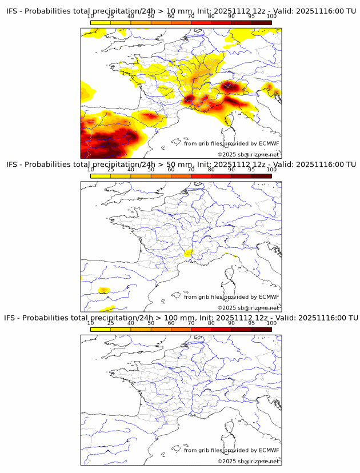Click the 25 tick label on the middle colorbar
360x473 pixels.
(x=110, y=169)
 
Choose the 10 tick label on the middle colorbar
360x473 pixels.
(x=90, y=169)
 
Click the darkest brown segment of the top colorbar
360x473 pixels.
(x=261, y=22)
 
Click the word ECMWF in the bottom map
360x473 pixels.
(x=269, y=450)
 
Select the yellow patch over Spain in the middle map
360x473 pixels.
(x=103, y=290)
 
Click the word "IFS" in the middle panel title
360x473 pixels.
(x=12, y=165)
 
